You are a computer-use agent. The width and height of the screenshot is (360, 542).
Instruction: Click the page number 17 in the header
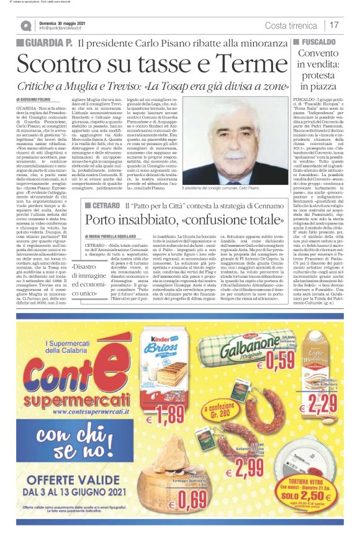[335, 25]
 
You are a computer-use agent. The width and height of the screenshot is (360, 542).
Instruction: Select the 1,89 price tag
[168, 413]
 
